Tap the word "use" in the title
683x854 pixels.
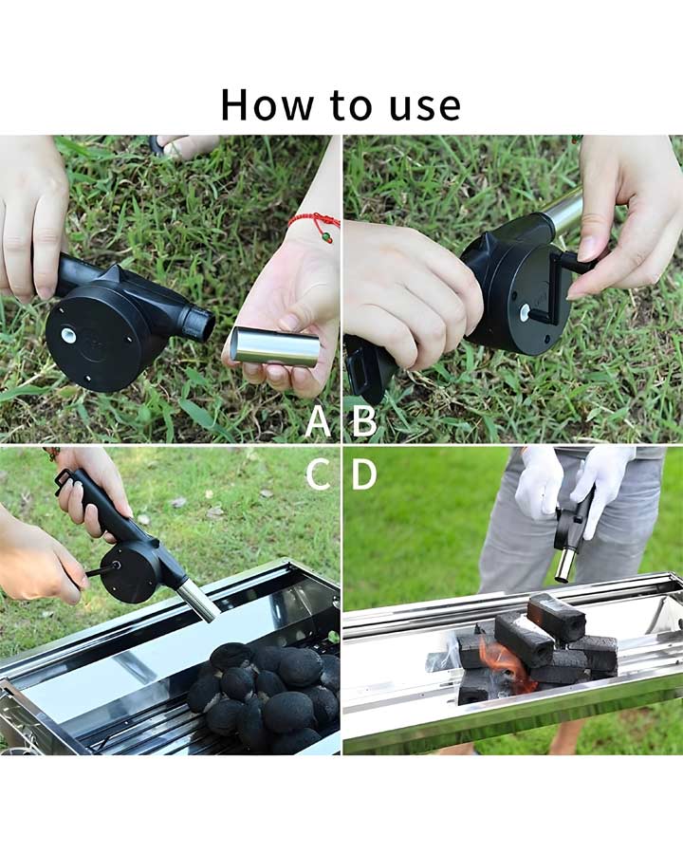[x=425, y=107]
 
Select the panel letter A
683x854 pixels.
[x=318, y=421]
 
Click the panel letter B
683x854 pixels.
[x=364, y=421]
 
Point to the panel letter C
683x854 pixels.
[x=318, y=473]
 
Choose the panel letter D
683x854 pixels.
[x=364, y=473]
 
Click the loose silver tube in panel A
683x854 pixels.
[x=276, y=347]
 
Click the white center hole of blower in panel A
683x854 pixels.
[x=69, y=335]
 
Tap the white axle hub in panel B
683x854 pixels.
[x=526, y=312]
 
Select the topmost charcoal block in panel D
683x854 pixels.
[x=556, y=617]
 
